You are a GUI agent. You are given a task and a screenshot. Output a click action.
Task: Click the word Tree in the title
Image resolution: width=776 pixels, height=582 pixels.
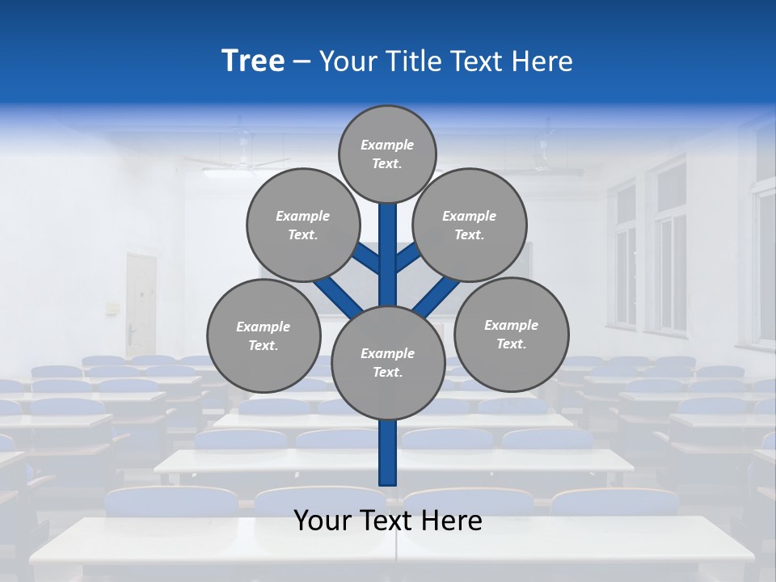click(x=253, y=61)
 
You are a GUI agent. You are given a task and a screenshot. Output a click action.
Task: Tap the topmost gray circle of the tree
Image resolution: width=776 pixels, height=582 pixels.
click(x=387, y=154)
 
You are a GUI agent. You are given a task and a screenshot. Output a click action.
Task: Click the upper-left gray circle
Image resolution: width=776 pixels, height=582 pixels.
click(x=302, y=225)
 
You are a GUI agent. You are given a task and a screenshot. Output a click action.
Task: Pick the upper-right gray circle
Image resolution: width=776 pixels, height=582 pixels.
click(x=470, y=225)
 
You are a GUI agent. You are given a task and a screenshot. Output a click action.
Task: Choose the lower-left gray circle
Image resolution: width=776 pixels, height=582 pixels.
click(x=264, y=335)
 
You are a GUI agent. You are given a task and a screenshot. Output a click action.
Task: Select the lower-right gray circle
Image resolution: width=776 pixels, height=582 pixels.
click(x=511, y=334)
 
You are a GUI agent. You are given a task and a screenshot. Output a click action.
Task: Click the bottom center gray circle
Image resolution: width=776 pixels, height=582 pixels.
click(x=388, y=363)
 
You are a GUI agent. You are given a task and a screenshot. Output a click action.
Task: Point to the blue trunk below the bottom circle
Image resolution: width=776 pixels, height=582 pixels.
click(x=388, y=453)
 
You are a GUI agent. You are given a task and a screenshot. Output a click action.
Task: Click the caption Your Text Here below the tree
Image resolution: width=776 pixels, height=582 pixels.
click(x=388, y=521)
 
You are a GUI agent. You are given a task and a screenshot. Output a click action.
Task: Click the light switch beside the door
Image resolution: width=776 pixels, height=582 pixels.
click(x=112, y=308)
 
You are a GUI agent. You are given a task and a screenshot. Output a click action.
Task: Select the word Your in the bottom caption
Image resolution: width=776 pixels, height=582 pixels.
click(x=323, y=521)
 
